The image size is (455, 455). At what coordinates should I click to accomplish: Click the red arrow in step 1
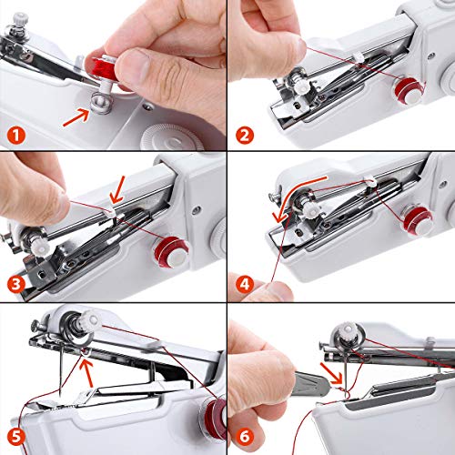(x=76, y=116)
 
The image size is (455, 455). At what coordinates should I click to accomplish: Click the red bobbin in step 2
(x=404, y=87)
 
